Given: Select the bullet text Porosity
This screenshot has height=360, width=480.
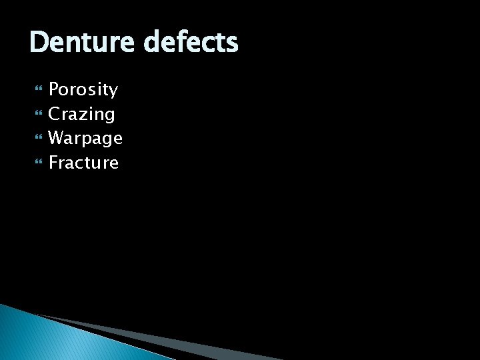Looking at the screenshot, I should point(83,89).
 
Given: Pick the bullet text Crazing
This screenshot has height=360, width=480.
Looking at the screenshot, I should point(82,114).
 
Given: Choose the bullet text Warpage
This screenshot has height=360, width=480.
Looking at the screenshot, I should point(85,138).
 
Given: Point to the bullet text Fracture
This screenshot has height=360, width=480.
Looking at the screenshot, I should point(83,163).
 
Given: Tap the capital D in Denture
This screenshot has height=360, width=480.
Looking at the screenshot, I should point(39,43).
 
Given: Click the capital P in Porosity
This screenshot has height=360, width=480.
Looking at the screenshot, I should point(55,89).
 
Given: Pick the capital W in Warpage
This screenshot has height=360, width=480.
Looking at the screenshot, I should point(57,138).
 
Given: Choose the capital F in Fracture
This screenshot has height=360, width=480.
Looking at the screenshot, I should point(54,163).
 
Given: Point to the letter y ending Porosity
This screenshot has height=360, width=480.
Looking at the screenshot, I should point(113,91).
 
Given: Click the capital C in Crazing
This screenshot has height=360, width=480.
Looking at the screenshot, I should point(55,114).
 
